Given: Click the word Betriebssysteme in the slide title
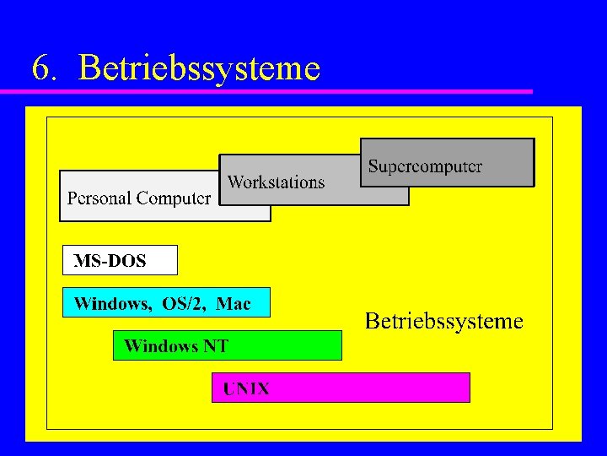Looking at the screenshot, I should (x=199, y=68).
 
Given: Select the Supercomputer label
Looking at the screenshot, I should (x=425, y=166).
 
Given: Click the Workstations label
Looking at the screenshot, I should (x=276, y=182).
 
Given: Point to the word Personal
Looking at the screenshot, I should (x=99, y=199).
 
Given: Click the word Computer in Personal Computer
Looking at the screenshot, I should (x=174, y=199).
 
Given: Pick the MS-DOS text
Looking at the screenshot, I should (x=110, y=261).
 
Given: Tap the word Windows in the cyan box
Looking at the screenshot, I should (x=113, y=303).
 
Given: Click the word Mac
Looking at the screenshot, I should (x=234, y=303).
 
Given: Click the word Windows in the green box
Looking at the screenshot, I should (x=161, y=345).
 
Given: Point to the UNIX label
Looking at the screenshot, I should (x=246, y=389).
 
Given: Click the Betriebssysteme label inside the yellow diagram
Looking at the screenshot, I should (x=443, y=321).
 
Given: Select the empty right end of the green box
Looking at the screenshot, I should (x=303, y=345).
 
